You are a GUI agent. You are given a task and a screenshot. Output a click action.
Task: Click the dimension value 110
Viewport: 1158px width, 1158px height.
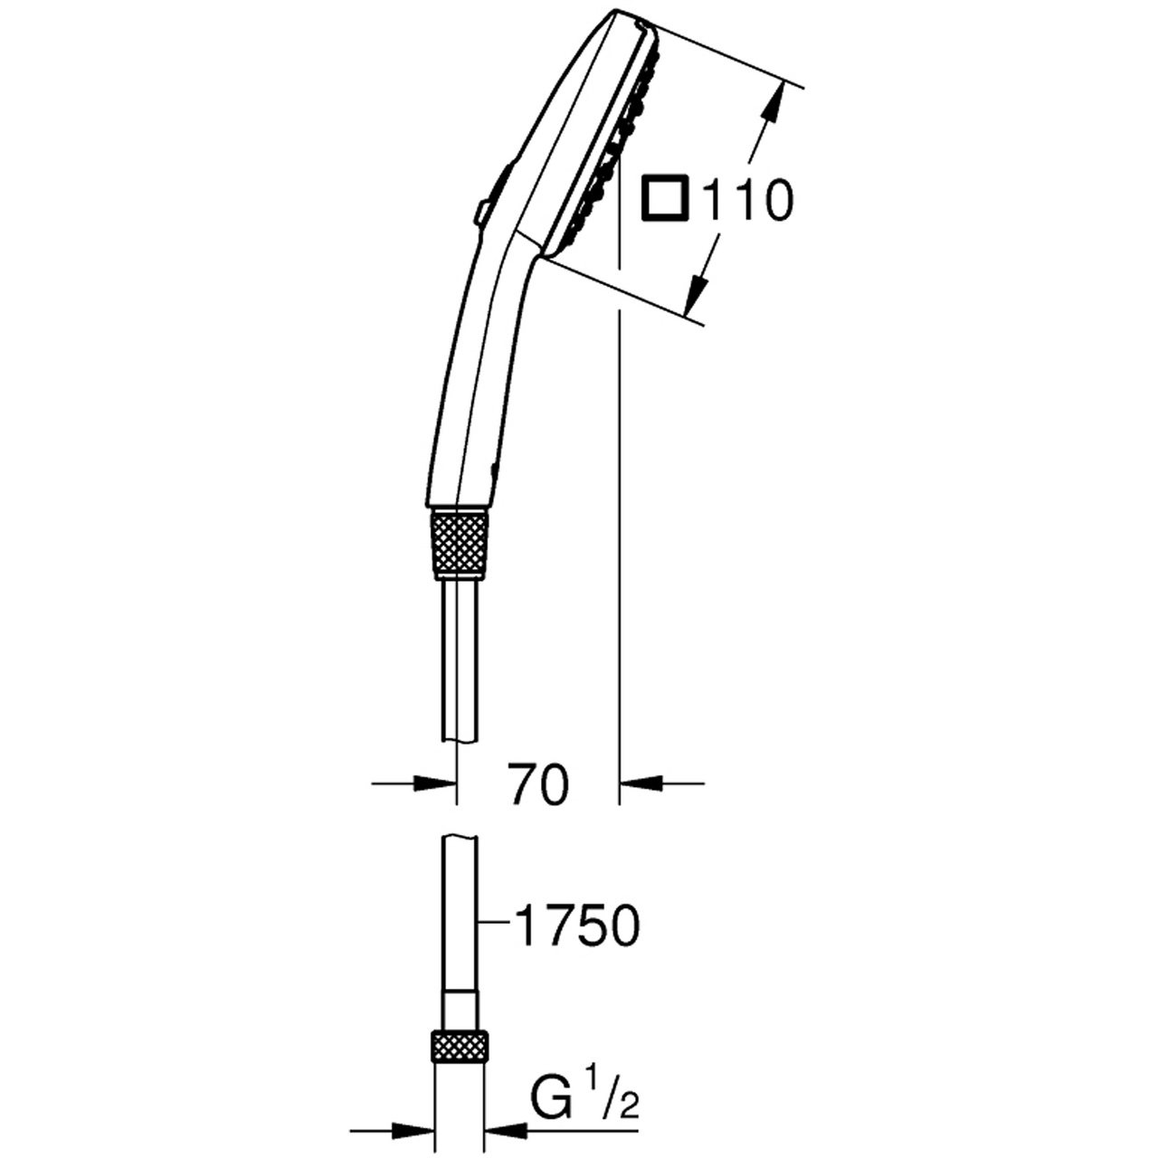747,200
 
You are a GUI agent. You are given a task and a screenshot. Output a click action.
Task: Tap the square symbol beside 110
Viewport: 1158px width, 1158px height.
664,198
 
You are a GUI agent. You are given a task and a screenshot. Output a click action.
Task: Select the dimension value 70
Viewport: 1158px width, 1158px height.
539,783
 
